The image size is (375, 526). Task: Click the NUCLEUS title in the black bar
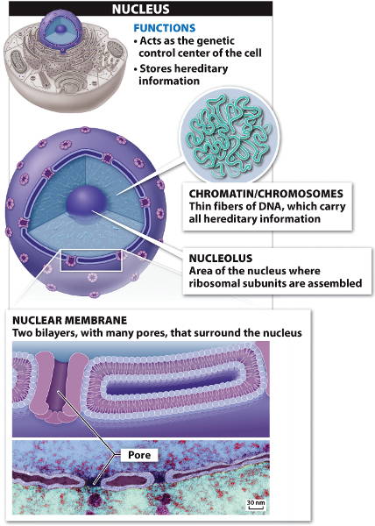pyautogui.click(x=141, y=9)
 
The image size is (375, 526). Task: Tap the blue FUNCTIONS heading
pyautogui.click(x=164, y=28)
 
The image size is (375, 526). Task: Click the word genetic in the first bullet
pyautogui.click(x=216, y=41)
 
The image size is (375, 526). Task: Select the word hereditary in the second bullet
pyautogui.click(x=201, y=68)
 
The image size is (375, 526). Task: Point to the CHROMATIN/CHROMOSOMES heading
pyautogui.click(x=266, y=194)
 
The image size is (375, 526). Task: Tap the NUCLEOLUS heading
pyautogui.click(x=221, y=258)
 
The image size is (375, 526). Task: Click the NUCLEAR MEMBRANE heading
pyautogui.click(x=70, y=320)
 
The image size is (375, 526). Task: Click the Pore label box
pyautogui.click(x=139, y=455)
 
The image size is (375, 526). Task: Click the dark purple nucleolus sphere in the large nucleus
pyautogui.click(x=87, y=203)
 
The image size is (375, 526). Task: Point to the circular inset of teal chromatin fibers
pyautogui.click(x=230, y=136)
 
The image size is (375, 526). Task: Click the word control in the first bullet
pyautogui.click(x=157, y=53)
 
